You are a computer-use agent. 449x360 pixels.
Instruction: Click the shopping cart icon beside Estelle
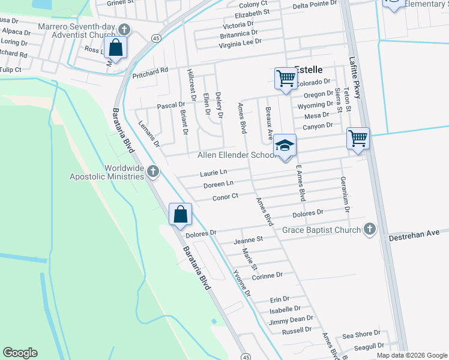(x=286, y=78)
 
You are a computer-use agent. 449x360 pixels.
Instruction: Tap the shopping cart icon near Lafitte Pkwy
(x=358, y=139)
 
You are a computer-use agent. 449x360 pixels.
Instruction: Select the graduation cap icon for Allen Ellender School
(x=286, y=146)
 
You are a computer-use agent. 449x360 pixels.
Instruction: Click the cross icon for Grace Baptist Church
(x=370, y=229)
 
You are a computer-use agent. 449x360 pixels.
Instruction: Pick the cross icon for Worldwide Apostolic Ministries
(x=153, y=172)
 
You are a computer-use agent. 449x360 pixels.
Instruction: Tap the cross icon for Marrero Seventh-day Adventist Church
(x=124, y=29)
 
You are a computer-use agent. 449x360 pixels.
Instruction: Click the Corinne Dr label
(x=267, y=275)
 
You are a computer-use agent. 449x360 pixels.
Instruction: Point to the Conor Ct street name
(x=226, y=196)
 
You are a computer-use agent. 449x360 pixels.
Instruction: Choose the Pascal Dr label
(x=171, y=106)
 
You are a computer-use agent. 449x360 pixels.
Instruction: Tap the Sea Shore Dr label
(x=361, y=333)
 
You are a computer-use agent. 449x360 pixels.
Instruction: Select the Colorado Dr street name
(x=313, y=82)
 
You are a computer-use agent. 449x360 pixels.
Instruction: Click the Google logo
(x=20, y=353)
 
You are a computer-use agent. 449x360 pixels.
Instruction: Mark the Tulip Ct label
(x=10, y=70)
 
